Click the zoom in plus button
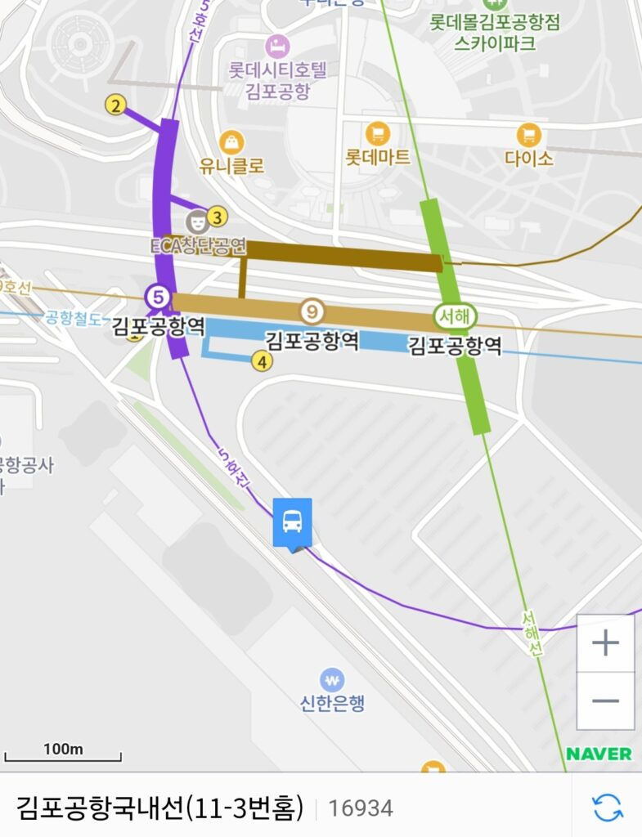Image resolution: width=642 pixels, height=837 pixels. point(605,643)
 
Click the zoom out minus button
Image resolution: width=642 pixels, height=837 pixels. point(605,700)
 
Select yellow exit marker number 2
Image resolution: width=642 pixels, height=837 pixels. point(116,105)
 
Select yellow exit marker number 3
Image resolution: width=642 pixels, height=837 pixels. point(217,217)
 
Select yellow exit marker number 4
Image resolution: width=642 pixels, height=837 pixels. point(262,360)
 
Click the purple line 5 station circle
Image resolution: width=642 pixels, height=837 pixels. point(157,297)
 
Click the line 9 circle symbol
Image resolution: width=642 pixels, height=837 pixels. point(312,311)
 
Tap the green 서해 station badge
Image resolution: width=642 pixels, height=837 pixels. point(455,316)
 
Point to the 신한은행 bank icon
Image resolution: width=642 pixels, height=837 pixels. point(332,679)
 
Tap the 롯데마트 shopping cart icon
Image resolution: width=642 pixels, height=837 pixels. point(377,133)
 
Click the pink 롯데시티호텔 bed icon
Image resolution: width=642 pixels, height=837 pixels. point(277,45)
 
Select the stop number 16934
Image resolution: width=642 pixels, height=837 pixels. point(361,808)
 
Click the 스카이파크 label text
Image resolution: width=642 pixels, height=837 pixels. point(496,43)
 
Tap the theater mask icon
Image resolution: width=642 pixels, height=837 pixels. point(196,221)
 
